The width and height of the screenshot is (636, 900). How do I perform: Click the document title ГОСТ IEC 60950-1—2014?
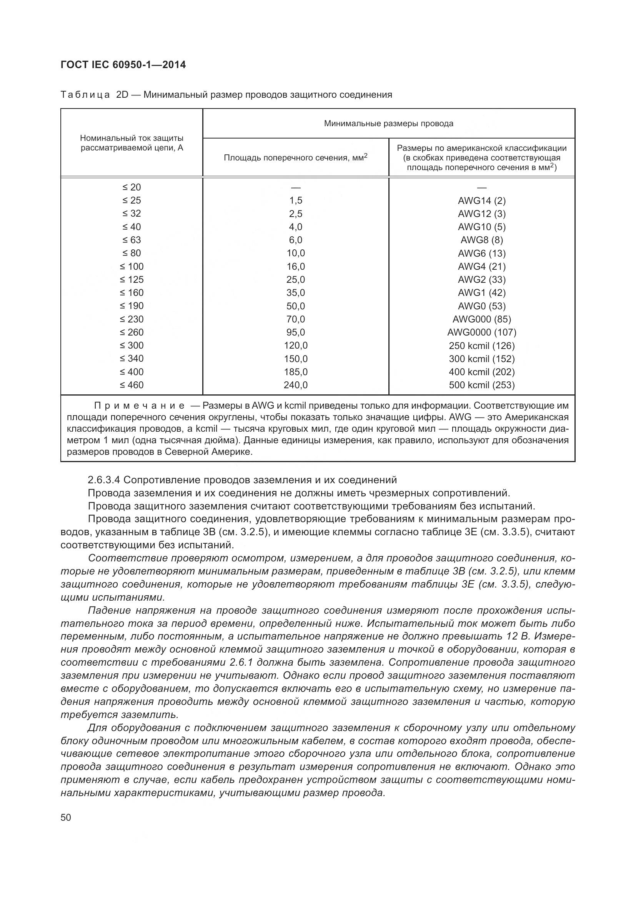[x=123, y=65]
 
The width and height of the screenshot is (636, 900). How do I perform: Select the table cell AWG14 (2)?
[x=481, y=201]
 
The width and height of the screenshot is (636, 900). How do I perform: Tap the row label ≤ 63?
[x=131, y=240]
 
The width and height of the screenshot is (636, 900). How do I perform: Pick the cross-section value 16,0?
[x=296, y=267]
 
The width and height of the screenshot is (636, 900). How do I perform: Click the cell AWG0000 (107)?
[x=481, y=332]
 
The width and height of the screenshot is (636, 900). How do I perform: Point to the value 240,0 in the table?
[x=296, y=385]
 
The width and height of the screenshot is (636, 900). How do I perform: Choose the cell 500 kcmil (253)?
[x=481, y=385]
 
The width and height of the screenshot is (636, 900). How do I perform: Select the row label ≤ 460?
[x=131, y=385]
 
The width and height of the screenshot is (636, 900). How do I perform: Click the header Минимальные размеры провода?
[x=388, y=124]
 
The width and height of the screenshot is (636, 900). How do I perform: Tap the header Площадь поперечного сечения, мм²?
[x=296, y=158]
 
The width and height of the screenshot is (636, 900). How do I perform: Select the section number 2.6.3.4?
[x=104, y=480]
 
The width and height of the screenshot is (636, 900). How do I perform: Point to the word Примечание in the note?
[x=140, y=405]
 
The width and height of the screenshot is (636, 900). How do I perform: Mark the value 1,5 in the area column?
[x=296, y=201]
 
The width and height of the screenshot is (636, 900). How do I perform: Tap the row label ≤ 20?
[x=131, y=187]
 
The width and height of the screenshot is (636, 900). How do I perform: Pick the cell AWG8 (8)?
[x=481, y=240]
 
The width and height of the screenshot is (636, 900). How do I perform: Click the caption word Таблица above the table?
[x=85, y=95]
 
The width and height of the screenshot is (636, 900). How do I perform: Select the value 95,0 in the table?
[x=296, y=332]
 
